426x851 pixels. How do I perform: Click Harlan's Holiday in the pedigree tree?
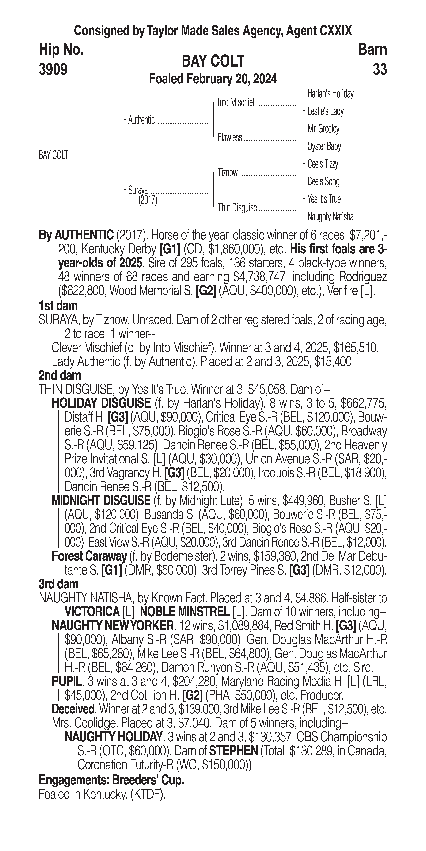(330, 94)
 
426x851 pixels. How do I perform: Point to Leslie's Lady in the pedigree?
(325, 111)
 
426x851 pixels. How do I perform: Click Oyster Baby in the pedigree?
(324, 146)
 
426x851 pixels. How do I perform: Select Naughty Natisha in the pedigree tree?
(330, 217)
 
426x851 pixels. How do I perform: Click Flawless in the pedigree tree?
(230, 137)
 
